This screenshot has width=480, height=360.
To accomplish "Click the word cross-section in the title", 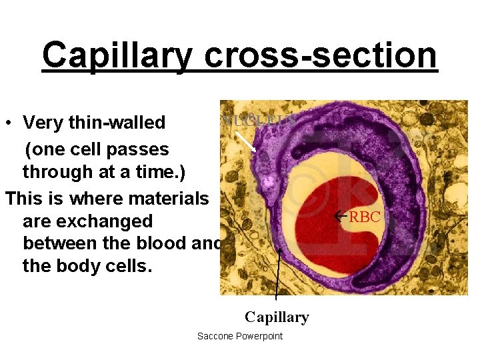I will [x=321, y=56].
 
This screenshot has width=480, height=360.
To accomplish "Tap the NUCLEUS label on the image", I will [x=259, y=121].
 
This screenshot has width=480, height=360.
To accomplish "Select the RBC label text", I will [x=365, y=217].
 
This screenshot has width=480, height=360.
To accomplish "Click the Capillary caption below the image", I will [x=277, y=317].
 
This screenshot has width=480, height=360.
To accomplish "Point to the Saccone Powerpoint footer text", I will [x=240, y=336].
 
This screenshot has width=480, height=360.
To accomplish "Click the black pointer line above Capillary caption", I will [x=277, y=280].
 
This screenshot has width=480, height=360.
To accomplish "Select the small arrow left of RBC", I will [x=341, y=217].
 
